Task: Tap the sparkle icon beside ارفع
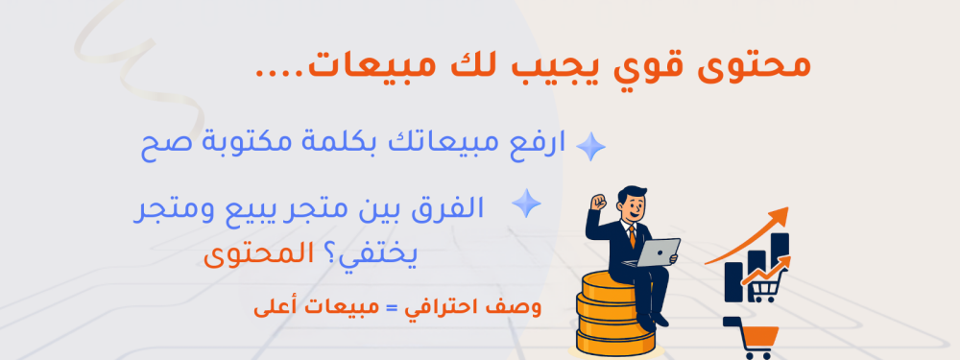coord(589,146)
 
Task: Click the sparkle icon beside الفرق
coord(526,204)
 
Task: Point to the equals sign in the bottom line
coord(390,310)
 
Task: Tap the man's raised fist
coord(598,204)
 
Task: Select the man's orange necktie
coord(632,236)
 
